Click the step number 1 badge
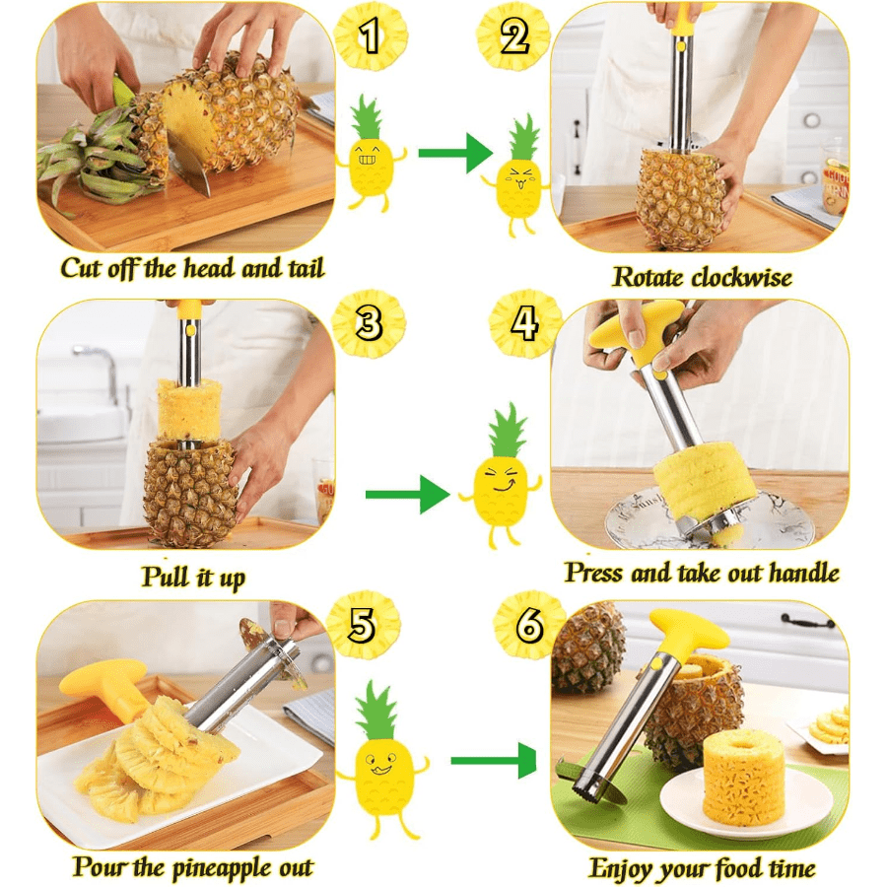(x=371, y=36)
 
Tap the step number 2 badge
(x=513, y=36)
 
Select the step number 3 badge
(x=369, y=323)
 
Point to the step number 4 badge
(x=525, y=323)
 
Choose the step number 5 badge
(x=363, y=625)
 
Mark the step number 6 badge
(x=529, y=625)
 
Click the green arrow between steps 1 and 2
(x=454, y=153)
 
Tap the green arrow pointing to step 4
(x=407, y=495)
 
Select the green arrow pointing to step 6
(x=493, y=761)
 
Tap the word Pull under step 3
(x=166, y=576)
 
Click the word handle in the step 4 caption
(x=804, y=572)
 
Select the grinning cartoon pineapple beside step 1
(x=370, y=154)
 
